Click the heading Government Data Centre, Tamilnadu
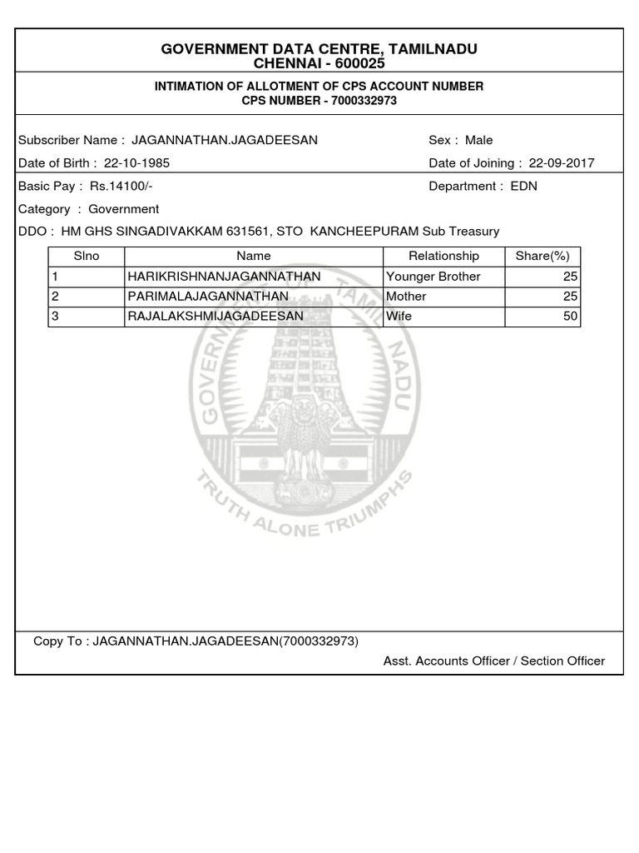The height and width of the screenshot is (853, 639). click(319, 49)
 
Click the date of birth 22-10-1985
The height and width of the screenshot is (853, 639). click(136, 163)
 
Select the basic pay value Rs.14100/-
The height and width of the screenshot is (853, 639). click(121, 186)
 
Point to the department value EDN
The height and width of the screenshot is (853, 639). click(524, 186)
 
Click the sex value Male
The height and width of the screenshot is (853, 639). click(479, 140)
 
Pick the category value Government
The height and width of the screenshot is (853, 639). click(124, 209)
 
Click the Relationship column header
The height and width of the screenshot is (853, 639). click(443, 256)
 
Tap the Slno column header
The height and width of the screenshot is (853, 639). click(87, 256)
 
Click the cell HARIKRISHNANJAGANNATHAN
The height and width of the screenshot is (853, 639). click(224, 277)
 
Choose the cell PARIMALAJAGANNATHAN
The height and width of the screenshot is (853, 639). click(208, 297)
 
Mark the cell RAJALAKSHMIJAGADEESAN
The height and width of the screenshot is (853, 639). click(215, 317)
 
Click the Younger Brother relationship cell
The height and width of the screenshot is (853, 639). click(433, 277)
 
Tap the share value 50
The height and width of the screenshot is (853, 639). click(570, 317)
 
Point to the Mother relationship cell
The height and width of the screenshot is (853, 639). click(407, 297)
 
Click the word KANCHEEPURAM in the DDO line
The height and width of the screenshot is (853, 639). click(364, 232)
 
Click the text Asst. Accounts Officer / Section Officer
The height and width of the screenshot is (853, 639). click(494, 661)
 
